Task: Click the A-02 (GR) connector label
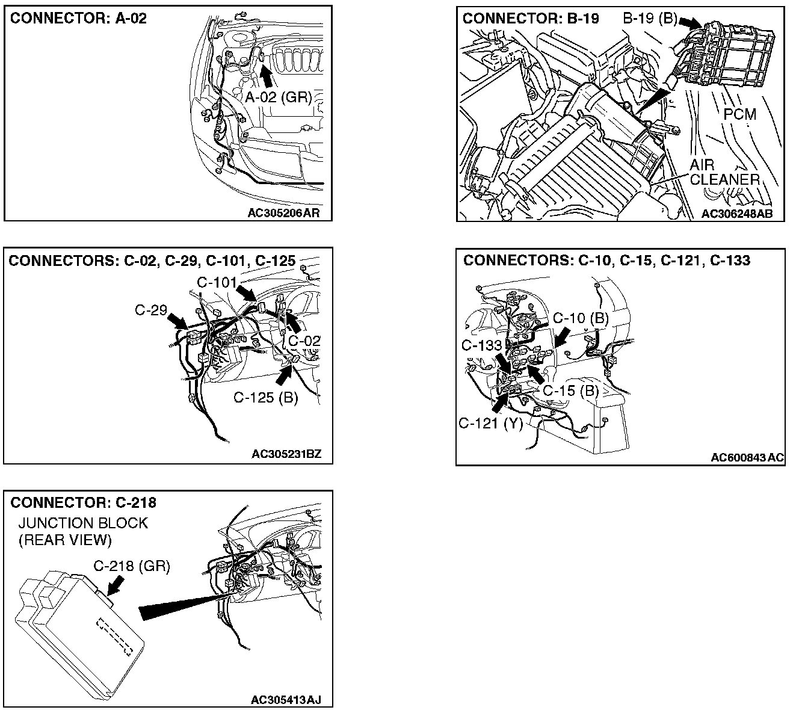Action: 278,97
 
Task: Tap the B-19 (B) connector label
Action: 650,18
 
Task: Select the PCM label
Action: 740,113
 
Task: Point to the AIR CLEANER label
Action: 724,172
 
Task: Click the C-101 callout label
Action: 217,282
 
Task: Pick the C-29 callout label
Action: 150,310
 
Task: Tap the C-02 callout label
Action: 304,341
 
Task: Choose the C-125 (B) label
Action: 265,398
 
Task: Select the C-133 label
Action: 481,345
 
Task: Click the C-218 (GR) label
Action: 132,566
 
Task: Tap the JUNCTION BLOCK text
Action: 83,523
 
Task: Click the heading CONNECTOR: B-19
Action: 531,18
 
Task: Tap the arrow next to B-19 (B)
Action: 690,23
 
